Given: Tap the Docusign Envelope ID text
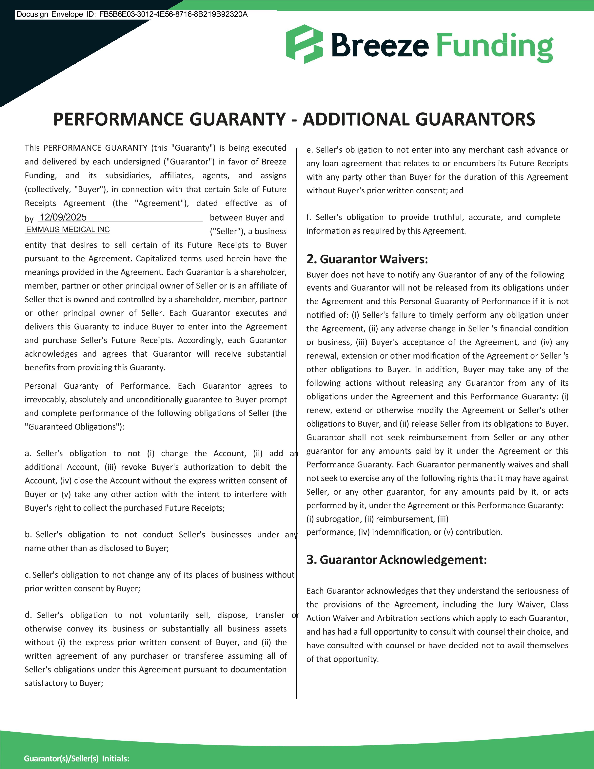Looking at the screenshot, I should click(x=132, y=14).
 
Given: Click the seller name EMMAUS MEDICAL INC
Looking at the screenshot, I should click(x=68, y=230).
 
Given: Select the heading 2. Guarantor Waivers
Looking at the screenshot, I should click(x=367, y=259).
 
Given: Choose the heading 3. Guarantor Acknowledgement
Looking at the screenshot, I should click(x=397, y=560).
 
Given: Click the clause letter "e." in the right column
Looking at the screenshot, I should click(x=309, y=150).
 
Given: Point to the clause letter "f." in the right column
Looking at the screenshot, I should click(x=309, y=217).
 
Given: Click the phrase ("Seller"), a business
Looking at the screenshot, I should click(x=248, y=231).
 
